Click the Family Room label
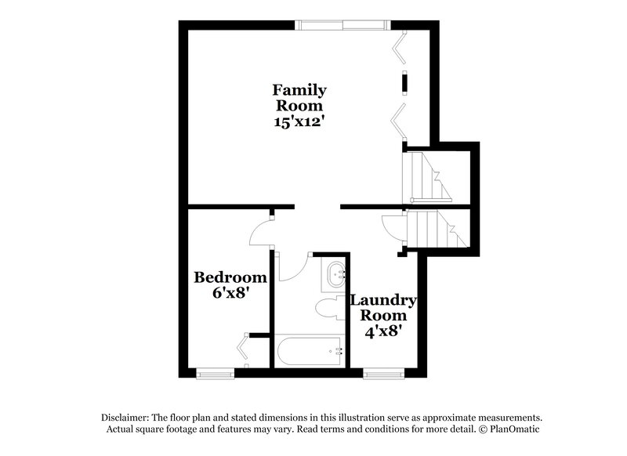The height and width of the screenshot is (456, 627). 299,97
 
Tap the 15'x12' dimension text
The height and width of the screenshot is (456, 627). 299,123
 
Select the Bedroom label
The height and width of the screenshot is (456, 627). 230,277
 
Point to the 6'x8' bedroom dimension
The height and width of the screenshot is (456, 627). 230,294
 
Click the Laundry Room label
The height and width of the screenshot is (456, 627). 382,308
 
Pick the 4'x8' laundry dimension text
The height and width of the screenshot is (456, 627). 382,331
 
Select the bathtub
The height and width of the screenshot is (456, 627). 310,349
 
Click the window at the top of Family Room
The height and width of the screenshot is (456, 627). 342,24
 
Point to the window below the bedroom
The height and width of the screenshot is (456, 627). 216,373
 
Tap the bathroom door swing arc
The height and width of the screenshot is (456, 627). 290,266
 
